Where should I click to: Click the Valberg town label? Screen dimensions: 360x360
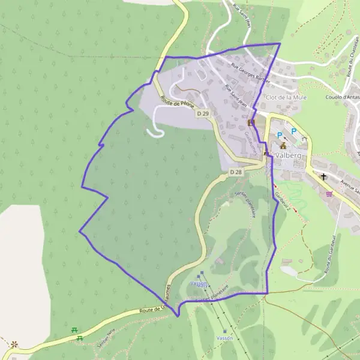(x=289, y=154)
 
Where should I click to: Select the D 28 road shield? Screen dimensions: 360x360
(x=236, y=172)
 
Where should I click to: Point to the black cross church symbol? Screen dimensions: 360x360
(x=324, y=177)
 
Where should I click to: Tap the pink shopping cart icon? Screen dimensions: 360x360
(x=329, y=193)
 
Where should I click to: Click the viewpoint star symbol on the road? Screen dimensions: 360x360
(x=13, y=344)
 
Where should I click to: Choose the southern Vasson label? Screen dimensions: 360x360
(x=224, y=338)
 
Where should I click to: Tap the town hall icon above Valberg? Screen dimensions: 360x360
(x=283, y=145)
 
